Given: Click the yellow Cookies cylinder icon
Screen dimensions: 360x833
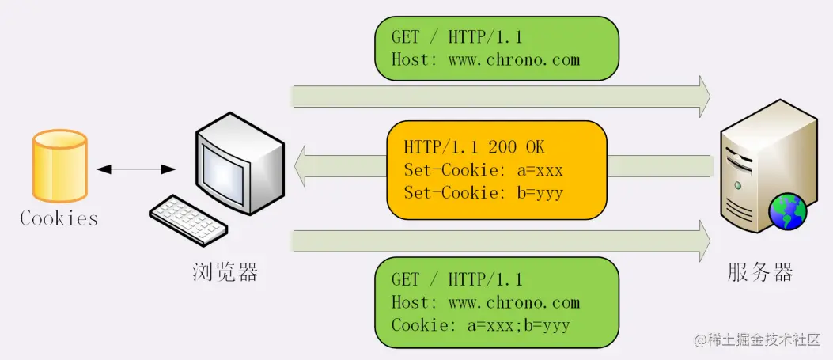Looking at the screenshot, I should [59, 166].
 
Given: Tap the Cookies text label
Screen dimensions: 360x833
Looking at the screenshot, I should [59, 218].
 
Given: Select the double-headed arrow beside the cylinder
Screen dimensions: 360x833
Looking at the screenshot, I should [136, 169].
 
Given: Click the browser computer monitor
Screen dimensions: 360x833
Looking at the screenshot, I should [238, 162].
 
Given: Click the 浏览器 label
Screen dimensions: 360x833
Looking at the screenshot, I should [225, 273].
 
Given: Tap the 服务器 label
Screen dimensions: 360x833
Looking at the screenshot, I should [760, 273].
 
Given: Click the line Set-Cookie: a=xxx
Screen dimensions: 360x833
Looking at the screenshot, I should [483, 169].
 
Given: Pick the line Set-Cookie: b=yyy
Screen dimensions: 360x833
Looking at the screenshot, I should [483, 192].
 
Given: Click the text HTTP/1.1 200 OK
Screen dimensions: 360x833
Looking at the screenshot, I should [474, 147].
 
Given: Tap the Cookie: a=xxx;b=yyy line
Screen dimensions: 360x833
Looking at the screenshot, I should [481, 325].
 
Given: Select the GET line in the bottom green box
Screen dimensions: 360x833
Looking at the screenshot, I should [457, 279].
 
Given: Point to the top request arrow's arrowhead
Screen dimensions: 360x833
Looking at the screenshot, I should [702, 97].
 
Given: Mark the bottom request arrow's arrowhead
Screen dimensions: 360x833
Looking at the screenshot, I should [702, 241].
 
